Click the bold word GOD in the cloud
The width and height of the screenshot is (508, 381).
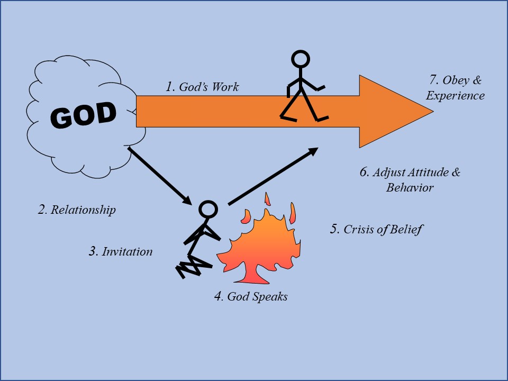click(x=83, y=114)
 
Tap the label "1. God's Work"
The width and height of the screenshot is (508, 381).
click(x=202, y=87)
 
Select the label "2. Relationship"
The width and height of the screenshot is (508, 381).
click(x=77, y=210)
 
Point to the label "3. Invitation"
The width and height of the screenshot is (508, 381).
click(x=121, y=251)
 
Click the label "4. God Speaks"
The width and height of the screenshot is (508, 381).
click(x=251, y=297)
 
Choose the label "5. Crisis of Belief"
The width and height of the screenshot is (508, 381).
click(x=376, y=229)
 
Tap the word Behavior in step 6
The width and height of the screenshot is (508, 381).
click(x=410, y=187)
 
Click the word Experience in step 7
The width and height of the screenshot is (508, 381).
click(x=455, y=96)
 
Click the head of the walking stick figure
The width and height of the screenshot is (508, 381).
click(x=301, y=60)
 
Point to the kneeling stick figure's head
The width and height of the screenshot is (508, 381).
click(x=208, y=210)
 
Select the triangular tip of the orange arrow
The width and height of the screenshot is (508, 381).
click(x=433, y=112)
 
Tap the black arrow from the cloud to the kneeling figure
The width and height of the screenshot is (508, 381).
click(x=160, y=176)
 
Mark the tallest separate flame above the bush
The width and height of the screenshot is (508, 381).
click(x=267, y=199)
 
